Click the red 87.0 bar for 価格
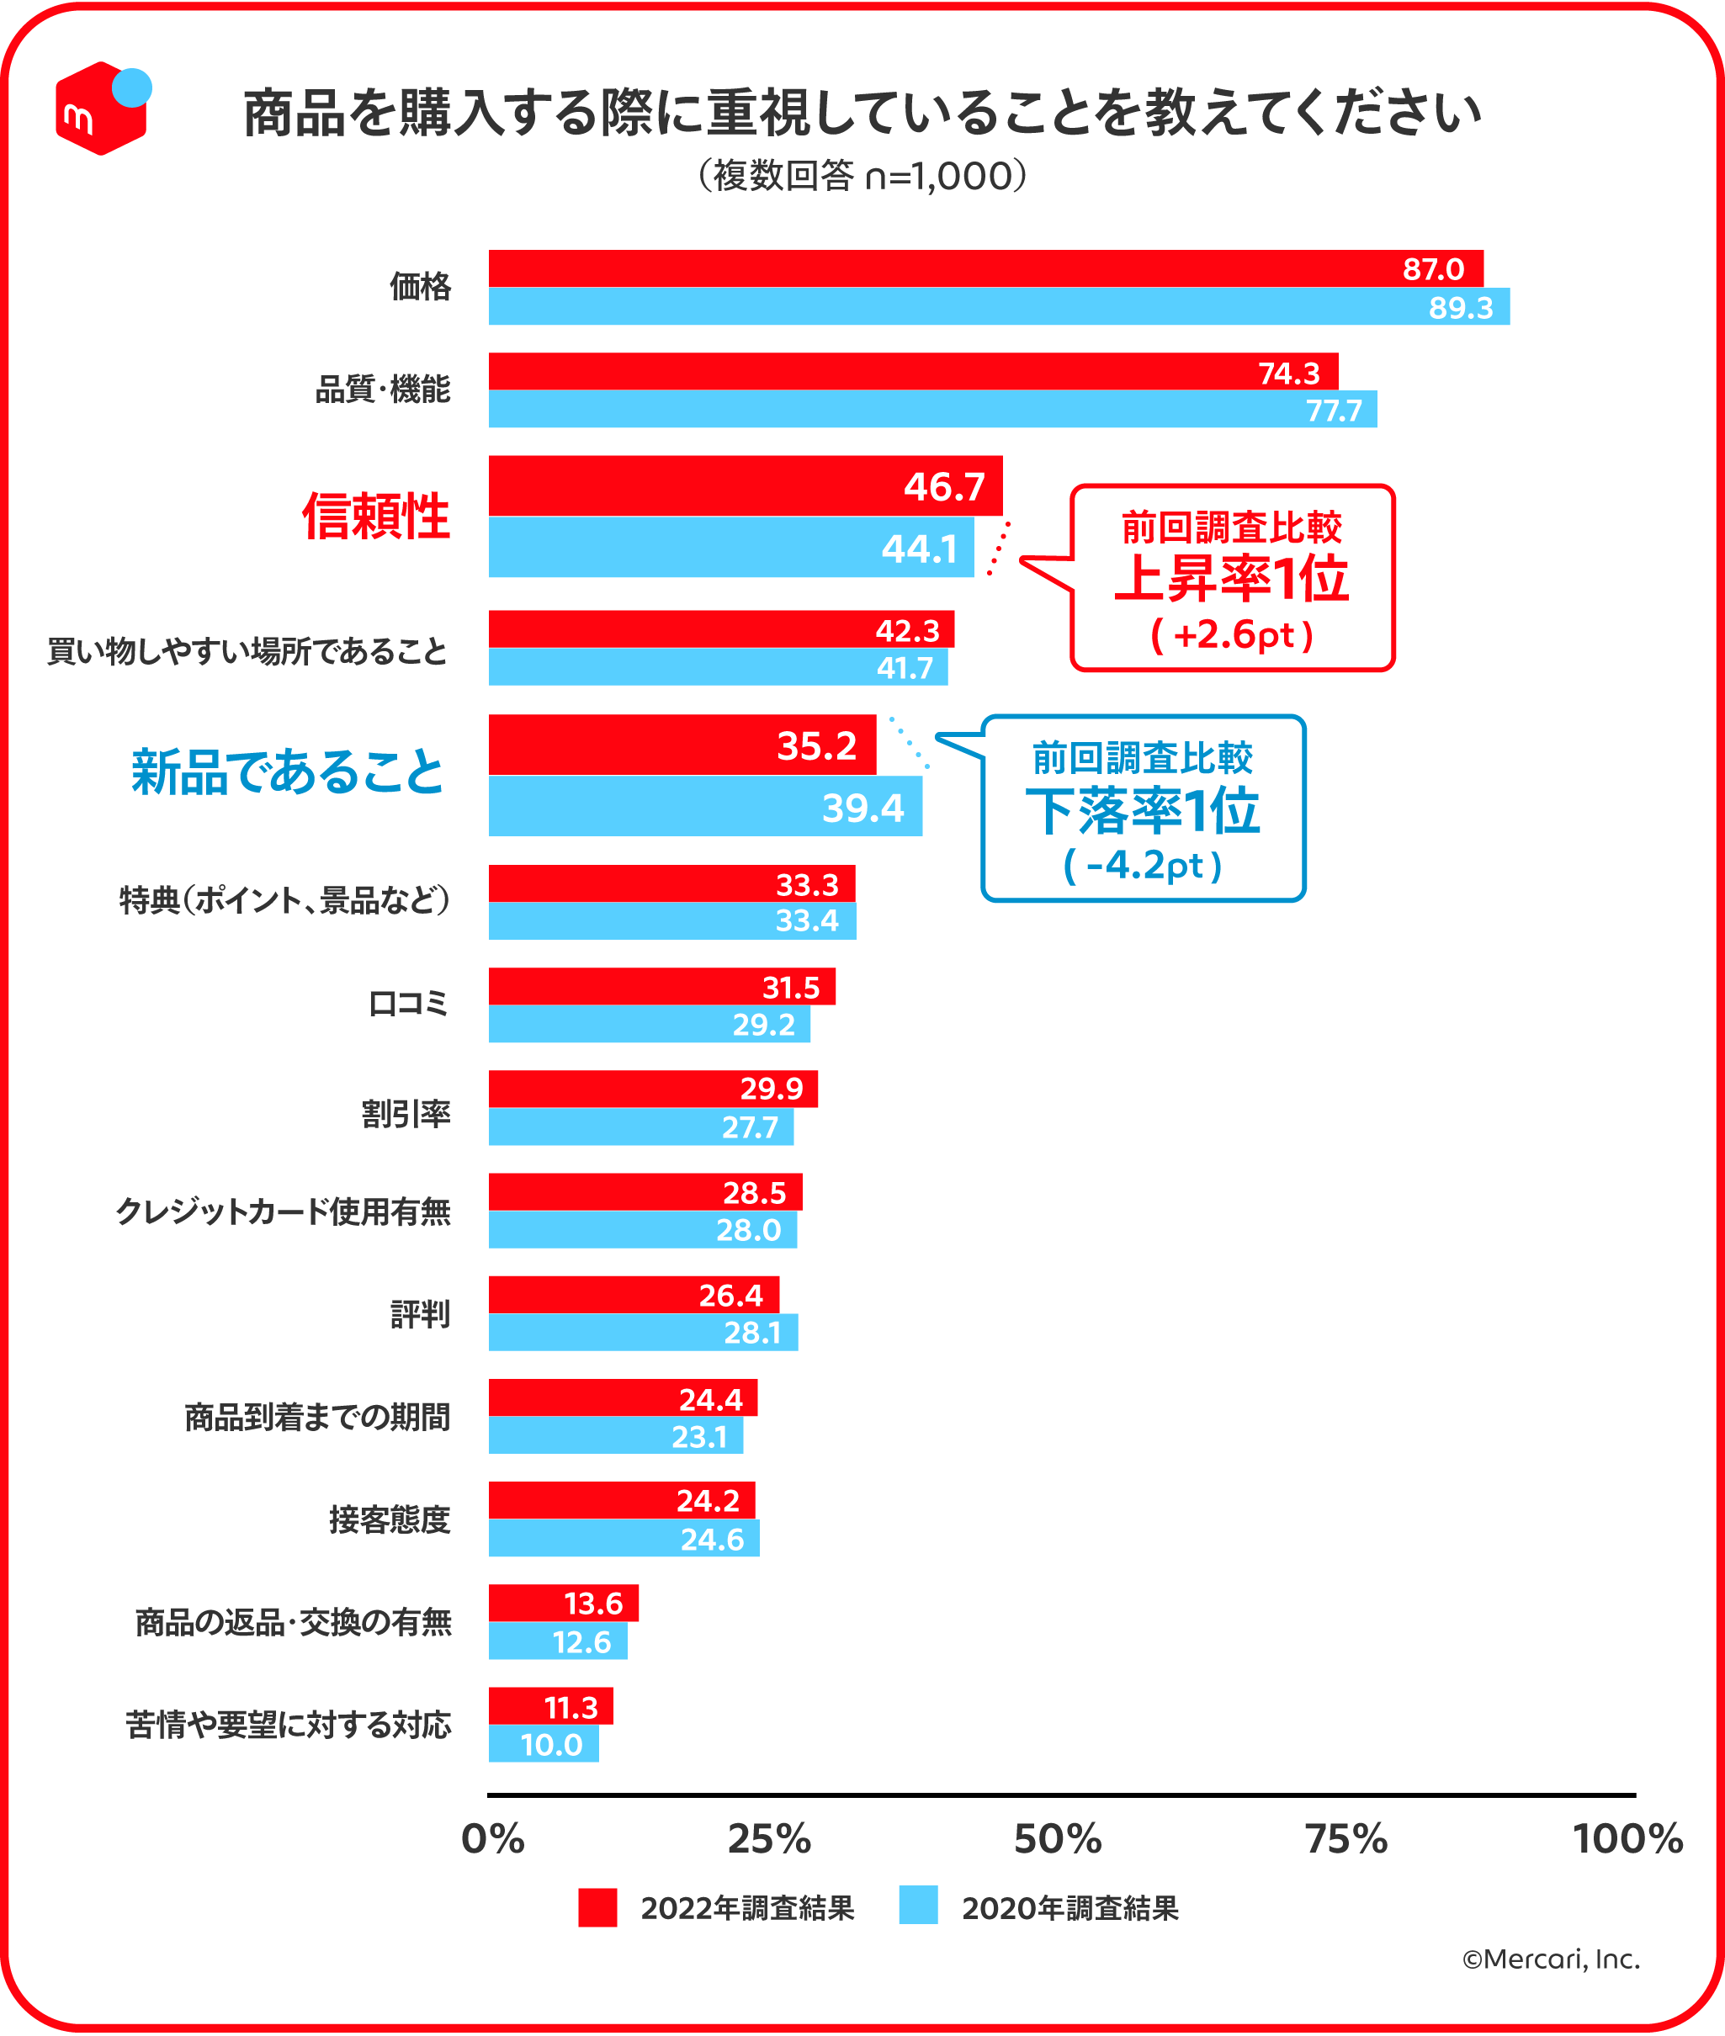click(x=978, y=268)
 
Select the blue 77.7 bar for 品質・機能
click(x=929, y=409)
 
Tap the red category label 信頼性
click(x=375, y=516)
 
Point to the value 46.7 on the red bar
click(x=943, y=486)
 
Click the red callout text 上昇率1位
click(x=1231, y=579)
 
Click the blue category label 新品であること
click(x=288, y=771)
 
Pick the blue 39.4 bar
click(x=704, y=806)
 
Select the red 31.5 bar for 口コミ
click(x=661, y=986)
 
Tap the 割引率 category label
click(x=406, y=1113)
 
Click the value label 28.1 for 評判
click(x=752, y=1332)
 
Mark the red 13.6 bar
click(x=562, y=1603)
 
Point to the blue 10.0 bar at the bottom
click(x=543, y=1743)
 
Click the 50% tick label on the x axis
click(x=1057, y=1839)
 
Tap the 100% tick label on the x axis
click(x=1627, y=1839)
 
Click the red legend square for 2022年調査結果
click(x=597, y=1907)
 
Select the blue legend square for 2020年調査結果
click(x=918, y=1905)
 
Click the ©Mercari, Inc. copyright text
click(x=1550, y=1959)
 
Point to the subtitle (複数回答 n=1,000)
click(x=862, y=176)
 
